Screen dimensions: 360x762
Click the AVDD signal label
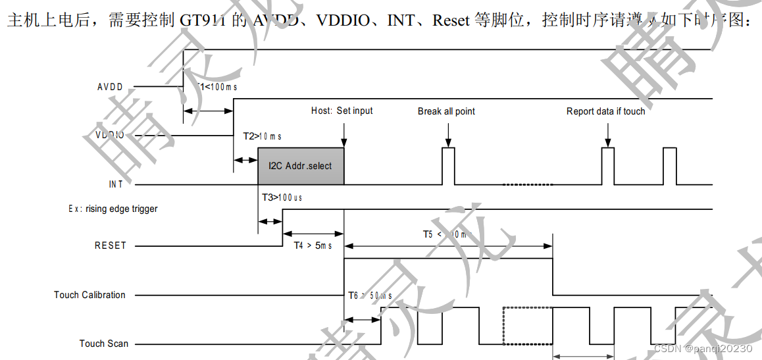point(110,87)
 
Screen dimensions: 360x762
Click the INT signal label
point(116,184)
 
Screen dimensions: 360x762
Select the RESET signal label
point(110,245)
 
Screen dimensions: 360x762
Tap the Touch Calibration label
point(89,295)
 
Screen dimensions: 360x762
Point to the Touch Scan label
point(104,344)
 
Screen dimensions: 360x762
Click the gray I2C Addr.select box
point(301,166)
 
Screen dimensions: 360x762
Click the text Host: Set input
point(342,111)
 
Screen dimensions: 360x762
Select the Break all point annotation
point(446,111)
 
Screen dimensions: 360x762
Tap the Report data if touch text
point(605,111)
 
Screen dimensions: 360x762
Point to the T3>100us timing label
point(282,197)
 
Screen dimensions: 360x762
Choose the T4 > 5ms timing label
point(313,245)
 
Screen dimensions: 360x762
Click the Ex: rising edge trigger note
point(113,209)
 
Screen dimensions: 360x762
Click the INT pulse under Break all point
point(448,166)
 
